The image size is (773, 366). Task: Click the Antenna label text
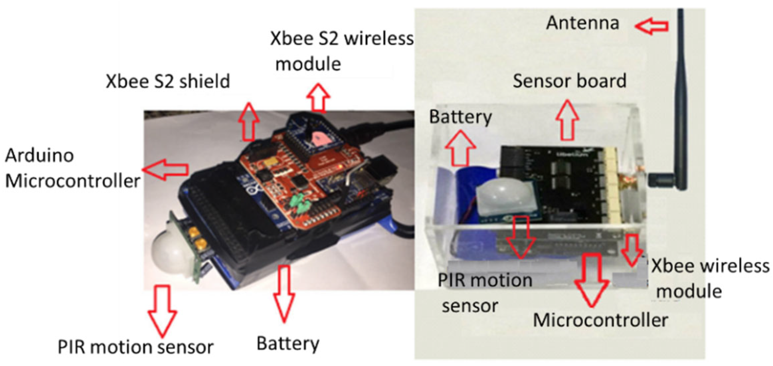point(582,23)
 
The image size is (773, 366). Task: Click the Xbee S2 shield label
point(168,82)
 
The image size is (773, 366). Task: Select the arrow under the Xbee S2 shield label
point(249,122)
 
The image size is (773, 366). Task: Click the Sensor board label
point(569,81)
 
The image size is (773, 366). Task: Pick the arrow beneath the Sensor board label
point(567,120)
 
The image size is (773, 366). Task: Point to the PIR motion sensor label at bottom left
point(136,347)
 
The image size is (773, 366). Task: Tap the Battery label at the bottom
point(288,343)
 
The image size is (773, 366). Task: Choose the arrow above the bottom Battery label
point(284,293)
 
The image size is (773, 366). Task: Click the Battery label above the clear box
point(460,117)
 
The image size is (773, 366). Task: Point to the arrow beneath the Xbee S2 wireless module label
point(318,98)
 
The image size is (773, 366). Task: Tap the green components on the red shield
point(300,205)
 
